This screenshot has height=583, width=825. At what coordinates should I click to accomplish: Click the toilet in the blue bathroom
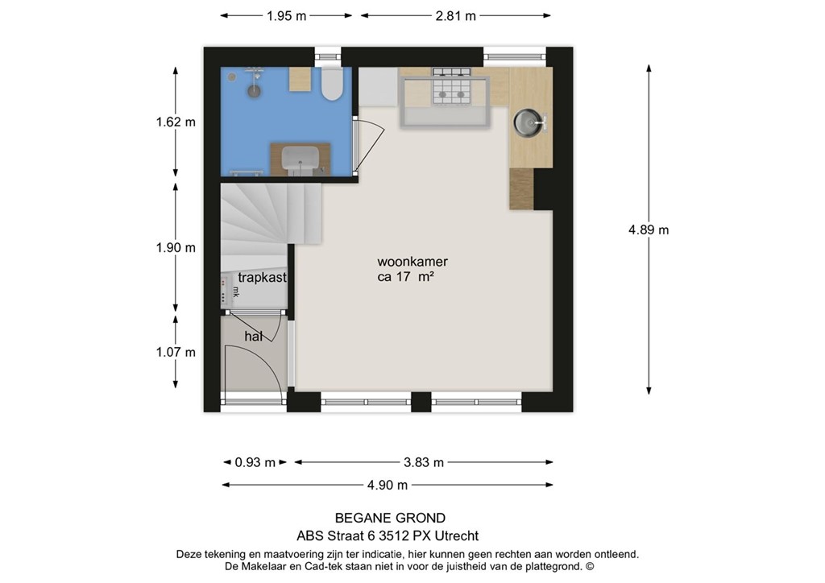tap(332, 84)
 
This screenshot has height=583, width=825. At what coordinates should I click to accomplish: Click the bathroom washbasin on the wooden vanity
tap(301, 159)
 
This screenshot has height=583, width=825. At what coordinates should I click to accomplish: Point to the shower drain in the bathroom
tap(254, 91)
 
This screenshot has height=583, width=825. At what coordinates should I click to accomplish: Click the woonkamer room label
tap(412, 261)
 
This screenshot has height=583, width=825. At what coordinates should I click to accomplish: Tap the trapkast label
tap(262, 278)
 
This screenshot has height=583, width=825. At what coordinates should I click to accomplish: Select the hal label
tap(253, 336)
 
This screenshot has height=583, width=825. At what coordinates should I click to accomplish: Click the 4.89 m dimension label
tap(649, 229)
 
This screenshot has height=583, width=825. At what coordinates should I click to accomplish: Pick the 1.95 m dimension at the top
tap(286, 16)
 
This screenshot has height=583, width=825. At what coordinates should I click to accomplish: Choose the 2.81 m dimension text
tap(456, 16)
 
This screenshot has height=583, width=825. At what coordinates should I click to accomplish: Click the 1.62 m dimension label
tap(176, 122)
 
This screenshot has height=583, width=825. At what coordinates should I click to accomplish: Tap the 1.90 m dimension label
tap(176, 247)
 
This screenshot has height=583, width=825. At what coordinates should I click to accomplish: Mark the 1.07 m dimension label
tap(176, 352)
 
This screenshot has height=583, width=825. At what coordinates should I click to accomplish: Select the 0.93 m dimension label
tap(255, 462)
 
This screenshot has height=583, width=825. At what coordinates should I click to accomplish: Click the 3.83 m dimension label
tap(424, 462)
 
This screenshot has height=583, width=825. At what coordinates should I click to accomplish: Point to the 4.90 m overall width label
tap(388, 486)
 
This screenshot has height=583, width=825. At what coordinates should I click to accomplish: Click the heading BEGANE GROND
tap(391, 519)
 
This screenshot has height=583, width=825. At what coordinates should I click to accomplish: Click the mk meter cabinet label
tap(236, 291)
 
